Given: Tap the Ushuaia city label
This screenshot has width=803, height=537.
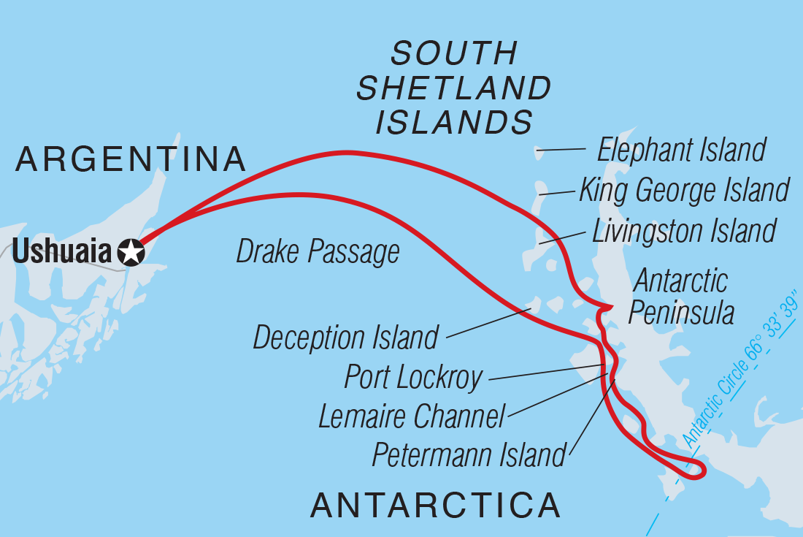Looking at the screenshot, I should coord(63,252).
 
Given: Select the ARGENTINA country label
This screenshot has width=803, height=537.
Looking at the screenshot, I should coord(130,159).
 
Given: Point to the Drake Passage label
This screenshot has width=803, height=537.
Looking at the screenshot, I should coord(318,251).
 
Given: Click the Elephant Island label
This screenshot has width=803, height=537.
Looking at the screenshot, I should coord(680,150).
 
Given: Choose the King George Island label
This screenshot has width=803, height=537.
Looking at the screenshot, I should coord(683,190).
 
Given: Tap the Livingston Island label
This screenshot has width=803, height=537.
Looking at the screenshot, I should coord(683,230).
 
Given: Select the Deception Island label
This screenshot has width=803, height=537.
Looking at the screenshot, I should coord(345,338).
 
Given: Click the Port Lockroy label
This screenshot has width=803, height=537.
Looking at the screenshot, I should coord(413,378).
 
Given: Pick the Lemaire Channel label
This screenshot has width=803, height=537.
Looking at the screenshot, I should coord(412,417).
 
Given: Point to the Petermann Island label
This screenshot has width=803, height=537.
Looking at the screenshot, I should coord(469,455).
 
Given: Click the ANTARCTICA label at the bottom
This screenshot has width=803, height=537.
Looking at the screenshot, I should coord(436,505).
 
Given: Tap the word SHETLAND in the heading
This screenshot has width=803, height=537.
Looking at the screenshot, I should coord(453,88).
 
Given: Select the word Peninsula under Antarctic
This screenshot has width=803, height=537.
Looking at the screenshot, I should coord(680,313).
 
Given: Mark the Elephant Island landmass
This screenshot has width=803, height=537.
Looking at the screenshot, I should coord(539,152).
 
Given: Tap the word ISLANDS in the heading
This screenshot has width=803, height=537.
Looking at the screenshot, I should coord(453,122).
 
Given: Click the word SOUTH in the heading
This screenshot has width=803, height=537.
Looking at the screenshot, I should coord(453,54).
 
